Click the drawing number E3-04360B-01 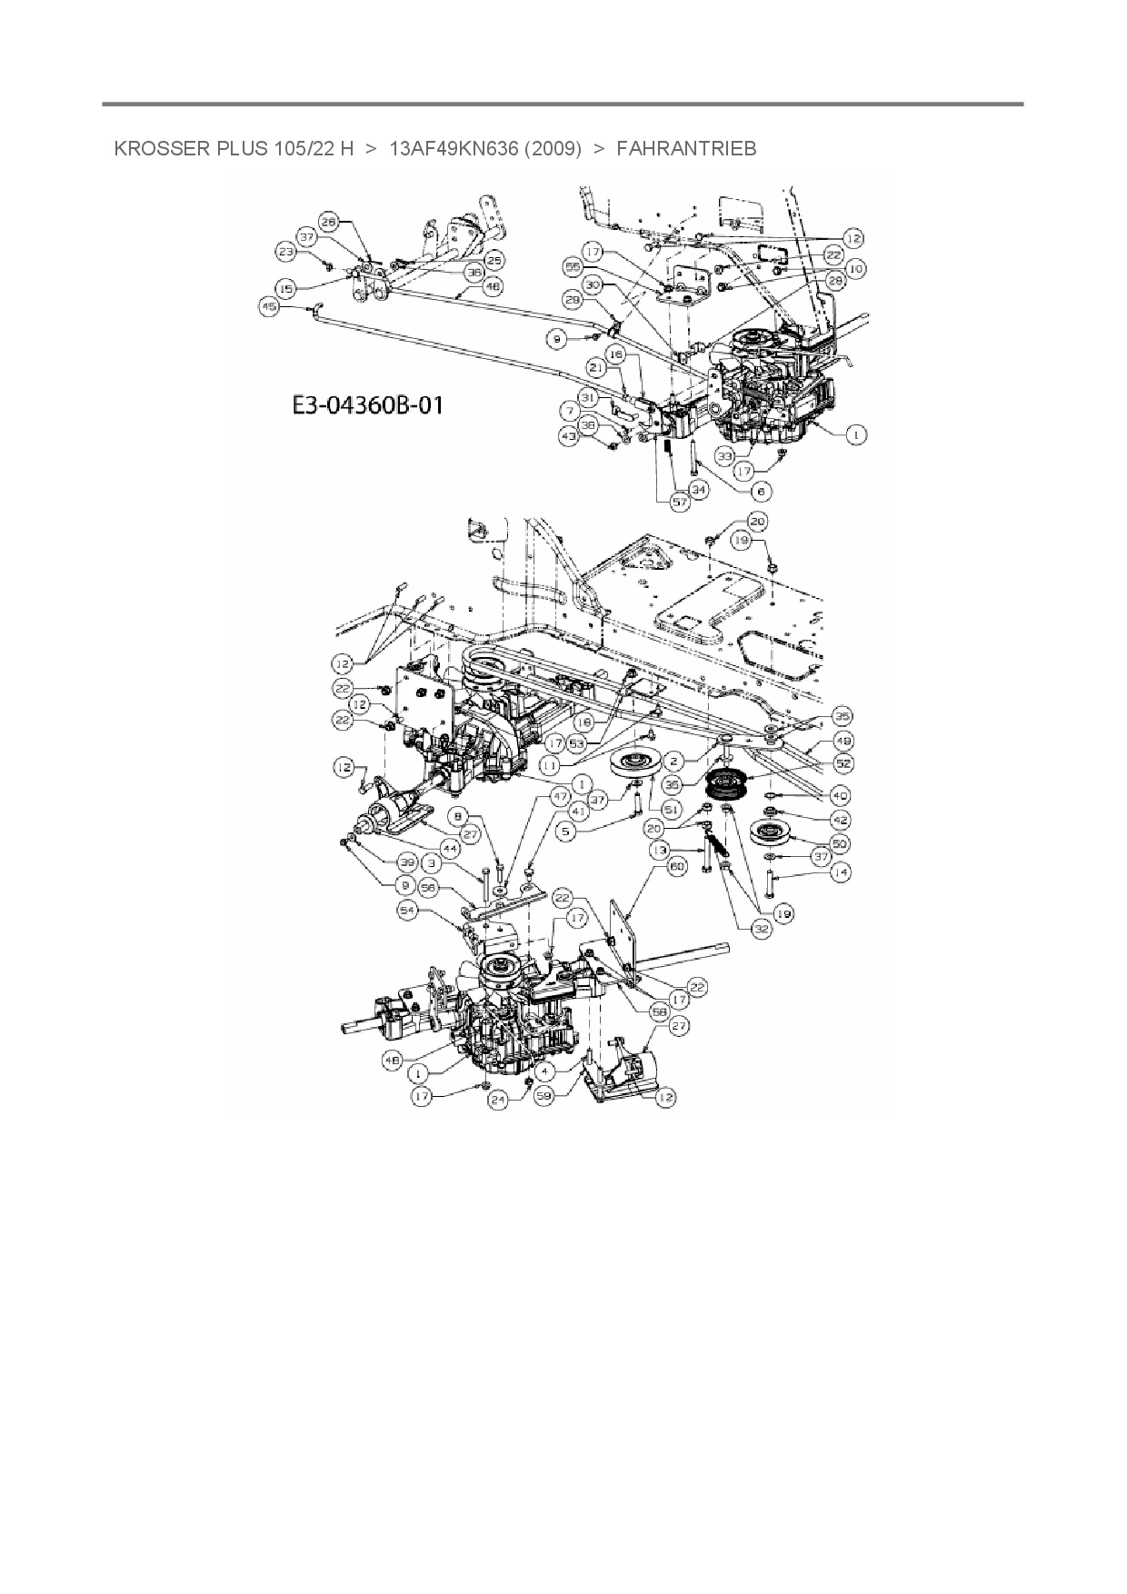pos(368,404)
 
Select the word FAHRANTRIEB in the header pos(686,148)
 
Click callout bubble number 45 pos(269,307)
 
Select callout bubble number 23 pos(286,252)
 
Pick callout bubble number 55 pos(573,268)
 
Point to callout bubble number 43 pos(569,437)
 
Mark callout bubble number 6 pos(761,491)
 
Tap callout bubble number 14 pos(841,872)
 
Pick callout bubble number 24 pos(498,1099)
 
